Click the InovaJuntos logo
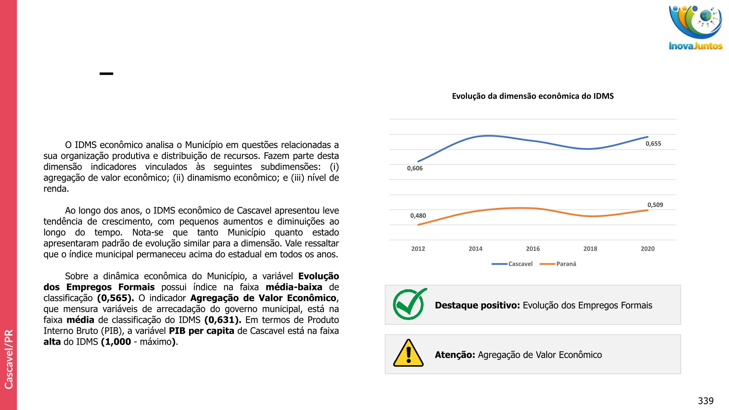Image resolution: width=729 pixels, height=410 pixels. click(696, 27)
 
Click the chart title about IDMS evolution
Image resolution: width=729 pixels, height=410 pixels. click(533, 96)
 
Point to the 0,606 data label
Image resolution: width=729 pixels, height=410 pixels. click(415, 168)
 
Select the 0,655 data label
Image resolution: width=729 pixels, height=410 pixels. click(653, 143)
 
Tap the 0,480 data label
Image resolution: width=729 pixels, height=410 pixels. click(418, 216)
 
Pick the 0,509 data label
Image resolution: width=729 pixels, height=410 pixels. click(655, 205)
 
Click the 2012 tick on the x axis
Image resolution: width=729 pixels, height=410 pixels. click(418, 249)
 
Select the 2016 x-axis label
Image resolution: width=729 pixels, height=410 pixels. click(533, 249)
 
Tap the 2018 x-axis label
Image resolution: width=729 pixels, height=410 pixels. click(590, 249)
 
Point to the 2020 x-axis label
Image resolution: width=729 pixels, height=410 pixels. click(647, 249)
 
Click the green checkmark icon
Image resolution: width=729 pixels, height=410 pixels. click(409, 304)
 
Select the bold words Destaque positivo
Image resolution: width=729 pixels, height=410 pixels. click(477, 305)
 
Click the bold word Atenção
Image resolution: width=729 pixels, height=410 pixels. click(455, 355)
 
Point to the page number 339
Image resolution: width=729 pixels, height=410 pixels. click(705, 401)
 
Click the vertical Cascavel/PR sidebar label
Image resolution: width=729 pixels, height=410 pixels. click(9, 359)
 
